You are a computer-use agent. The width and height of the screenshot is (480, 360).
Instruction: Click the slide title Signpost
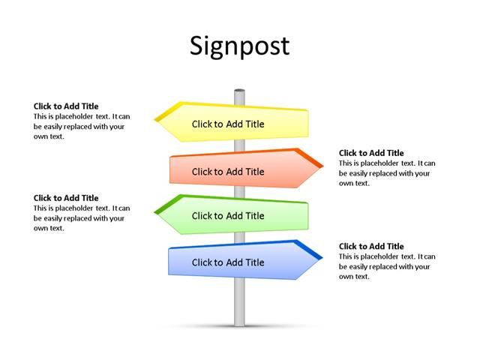coord(239,46)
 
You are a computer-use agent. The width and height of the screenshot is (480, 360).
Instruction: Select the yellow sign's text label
coord(228,124)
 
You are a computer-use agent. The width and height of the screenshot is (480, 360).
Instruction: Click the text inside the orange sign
coord(228,172)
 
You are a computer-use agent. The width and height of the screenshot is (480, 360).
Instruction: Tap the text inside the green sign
coord(228,216)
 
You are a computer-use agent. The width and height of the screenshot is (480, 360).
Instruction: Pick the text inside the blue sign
coord(228,262)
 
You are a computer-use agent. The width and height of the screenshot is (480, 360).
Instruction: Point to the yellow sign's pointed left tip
coord(157,118)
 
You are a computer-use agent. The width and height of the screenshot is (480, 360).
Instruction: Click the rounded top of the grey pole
coord(239,92)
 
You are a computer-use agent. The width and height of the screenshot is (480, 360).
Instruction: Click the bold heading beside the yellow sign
coord(66,106)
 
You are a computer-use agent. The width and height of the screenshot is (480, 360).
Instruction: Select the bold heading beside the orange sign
coord(371,153)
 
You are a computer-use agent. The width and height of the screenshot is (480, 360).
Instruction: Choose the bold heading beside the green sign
coord(66,198)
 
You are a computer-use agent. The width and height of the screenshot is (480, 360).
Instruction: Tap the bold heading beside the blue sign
coord(371,246)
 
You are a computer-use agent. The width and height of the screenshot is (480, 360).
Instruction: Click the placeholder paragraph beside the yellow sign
coord(81,127)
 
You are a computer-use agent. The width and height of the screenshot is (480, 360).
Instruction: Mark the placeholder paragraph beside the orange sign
coord(385,173)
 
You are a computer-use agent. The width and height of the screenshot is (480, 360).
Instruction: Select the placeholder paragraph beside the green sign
coord(81,218)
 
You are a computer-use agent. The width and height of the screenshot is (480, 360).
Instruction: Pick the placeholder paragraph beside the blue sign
coord(385,266)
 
